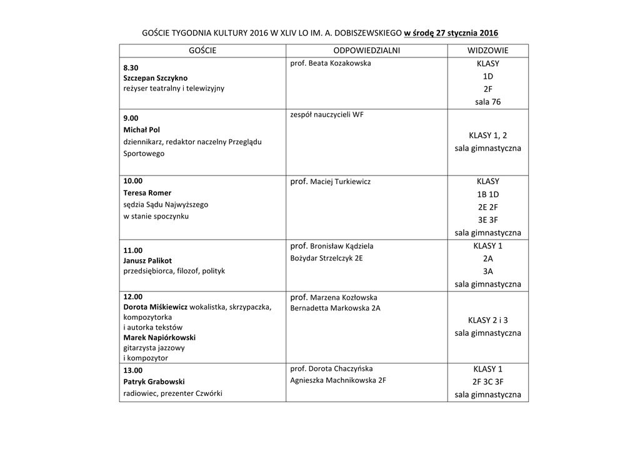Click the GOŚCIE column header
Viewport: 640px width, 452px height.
[202, 51]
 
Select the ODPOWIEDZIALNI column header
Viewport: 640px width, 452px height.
[366, 51]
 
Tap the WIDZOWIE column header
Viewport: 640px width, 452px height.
[487, 51]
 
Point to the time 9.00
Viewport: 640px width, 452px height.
[131, 117]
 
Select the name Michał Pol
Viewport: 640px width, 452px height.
[142, 130]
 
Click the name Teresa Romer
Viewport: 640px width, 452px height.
[147, 193]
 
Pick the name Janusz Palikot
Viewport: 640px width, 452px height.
[147, 260]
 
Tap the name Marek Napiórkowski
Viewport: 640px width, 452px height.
[159, 338]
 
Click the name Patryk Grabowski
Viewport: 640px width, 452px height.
[154, 381]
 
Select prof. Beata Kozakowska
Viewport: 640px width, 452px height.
[331, 64]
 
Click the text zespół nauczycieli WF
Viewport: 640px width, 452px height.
[327, 114]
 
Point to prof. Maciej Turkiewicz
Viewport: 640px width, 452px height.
[331, 182]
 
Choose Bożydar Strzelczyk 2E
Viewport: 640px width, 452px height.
[327, 258]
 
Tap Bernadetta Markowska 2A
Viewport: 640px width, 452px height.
[336, 308]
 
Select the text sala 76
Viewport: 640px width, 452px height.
[487, 102]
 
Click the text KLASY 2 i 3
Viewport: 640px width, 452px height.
[487, 320]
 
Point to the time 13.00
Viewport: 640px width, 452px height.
[133, 370]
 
